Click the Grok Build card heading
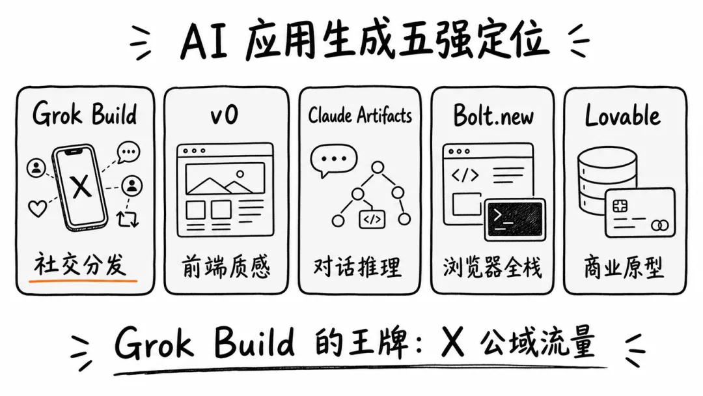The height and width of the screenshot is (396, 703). (85, 114)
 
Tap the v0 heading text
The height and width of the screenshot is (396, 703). (224, 115)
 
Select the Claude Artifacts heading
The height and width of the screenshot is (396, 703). (359, 116)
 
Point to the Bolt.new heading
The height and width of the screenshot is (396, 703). (493, 115)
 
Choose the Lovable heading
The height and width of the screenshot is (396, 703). (623, 115)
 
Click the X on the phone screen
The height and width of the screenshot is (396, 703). (81, 186)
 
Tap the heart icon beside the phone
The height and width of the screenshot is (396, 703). (37, 208)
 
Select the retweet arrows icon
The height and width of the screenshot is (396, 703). (128, 218)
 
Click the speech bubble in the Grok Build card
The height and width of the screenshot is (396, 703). (129, 152)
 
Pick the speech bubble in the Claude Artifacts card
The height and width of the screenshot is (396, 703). (333, 160)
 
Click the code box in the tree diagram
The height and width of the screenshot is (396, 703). (372, 219)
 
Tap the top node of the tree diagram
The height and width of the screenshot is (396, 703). (378, 168)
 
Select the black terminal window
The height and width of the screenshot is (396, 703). (515, 219)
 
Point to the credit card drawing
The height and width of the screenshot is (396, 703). (640, 212)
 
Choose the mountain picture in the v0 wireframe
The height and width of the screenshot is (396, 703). (225, 179)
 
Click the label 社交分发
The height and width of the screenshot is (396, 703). (80, 264)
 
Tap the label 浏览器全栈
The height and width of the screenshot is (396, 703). (492, 268)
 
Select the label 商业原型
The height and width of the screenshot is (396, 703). (624, 268)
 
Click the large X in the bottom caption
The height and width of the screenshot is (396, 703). (453, 342)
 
